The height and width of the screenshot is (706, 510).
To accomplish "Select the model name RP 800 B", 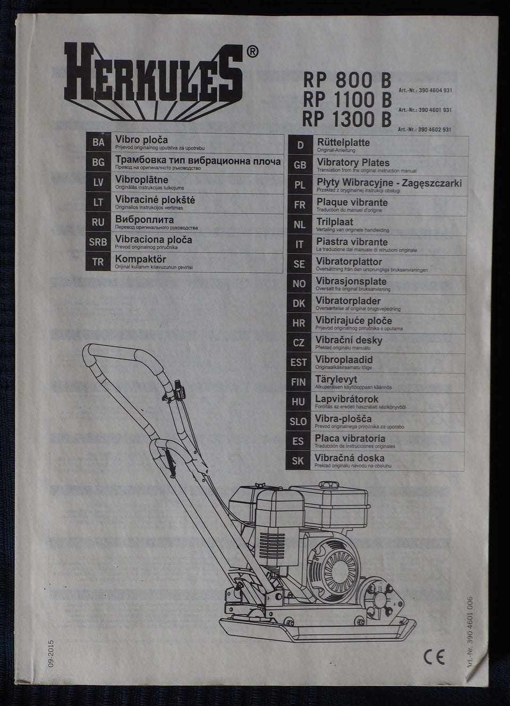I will point(347,80).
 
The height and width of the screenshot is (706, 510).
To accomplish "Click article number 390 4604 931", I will point(424,91).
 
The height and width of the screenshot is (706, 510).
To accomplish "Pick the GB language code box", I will point(300,165).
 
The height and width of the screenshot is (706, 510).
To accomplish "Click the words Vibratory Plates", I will point(353,162).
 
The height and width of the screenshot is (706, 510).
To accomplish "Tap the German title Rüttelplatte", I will point(343,142).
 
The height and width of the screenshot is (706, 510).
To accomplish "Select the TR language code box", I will point(98,262).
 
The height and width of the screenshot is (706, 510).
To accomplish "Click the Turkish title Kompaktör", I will point(141,259).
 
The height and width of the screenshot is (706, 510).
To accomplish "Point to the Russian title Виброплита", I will point(144,219).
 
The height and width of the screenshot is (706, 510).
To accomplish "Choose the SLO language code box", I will point(298,421).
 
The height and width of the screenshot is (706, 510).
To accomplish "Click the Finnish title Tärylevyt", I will point(336,379).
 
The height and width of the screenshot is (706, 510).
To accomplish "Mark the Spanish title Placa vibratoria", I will point(350,438).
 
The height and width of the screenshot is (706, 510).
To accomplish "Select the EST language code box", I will point(299,363).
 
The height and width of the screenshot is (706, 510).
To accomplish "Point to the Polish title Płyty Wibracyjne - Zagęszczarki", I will point(389,183).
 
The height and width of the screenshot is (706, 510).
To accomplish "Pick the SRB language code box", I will point(98,242).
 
